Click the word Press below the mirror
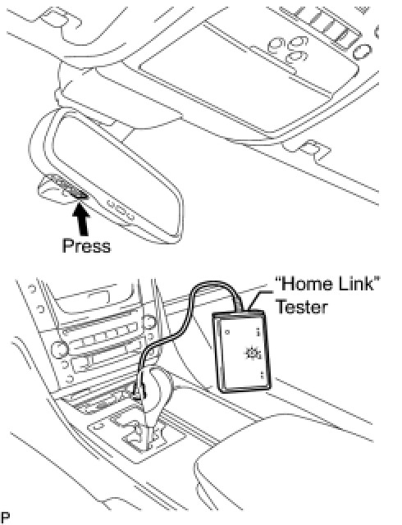(86, 246)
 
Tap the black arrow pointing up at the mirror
(80, 219)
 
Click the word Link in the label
(356, 284)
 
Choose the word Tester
(302, 307)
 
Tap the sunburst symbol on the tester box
(253, 354)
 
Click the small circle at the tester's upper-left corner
(227, 332)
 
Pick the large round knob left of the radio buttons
(60, 349)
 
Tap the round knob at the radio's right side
(148, 322)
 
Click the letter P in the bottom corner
(5, 518)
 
